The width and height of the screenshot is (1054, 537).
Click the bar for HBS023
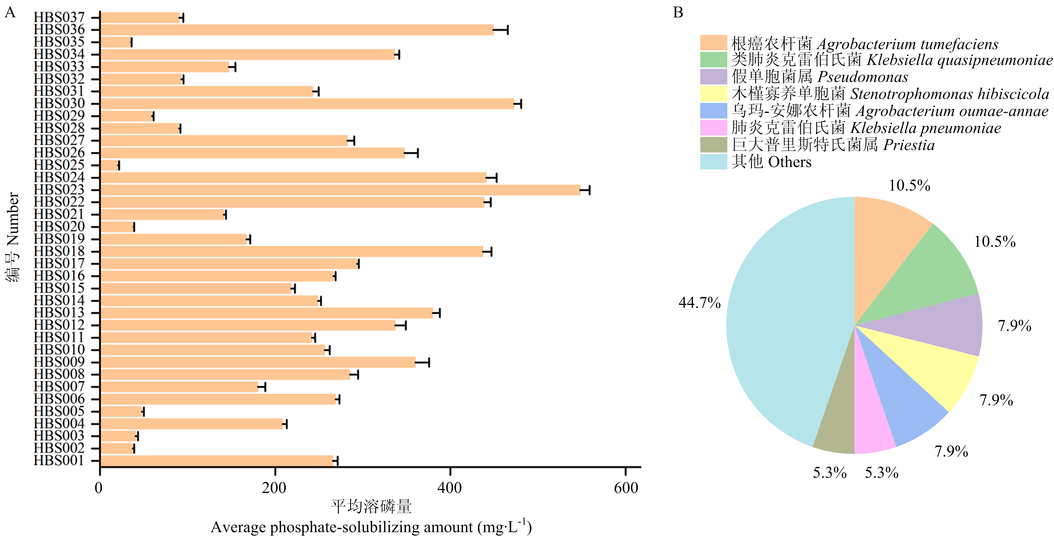[340, 190]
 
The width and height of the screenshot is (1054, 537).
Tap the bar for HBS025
[109, 165]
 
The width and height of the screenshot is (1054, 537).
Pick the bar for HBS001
[217, 461]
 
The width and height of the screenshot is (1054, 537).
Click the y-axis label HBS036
[59, 30]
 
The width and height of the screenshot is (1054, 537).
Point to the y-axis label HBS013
[59, 313]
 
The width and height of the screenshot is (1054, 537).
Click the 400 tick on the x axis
[450, 471]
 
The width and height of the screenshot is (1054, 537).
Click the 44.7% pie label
[699, 303]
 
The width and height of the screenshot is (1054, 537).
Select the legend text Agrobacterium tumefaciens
[908, 44]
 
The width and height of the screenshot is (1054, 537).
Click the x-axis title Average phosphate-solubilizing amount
[342, 527]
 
